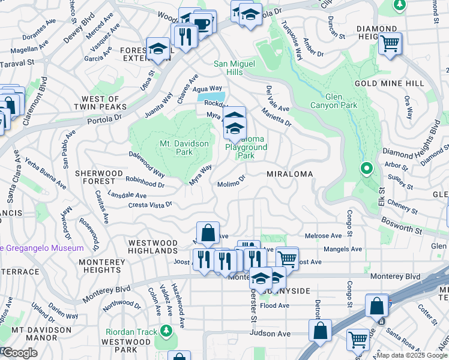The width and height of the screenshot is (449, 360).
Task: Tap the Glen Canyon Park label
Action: (x=341, y=101)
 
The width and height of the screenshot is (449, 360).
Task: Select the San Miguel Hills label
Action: (x=235, y=68)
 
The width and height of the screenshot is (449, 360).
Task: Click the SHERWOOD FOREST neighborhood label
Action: (x=95, y=177)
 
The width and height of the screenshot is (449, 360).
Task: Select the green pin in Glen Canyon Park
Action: (x=366, y=169)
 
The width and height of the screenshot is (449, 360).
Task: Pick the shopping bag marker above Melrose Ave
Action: (x=207, y=233)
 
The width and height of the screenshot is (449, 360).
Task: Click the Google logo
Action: (x=20, y=353)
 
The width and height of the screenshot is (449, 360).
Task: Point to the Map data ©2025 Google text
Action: (x=412, y=355)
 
